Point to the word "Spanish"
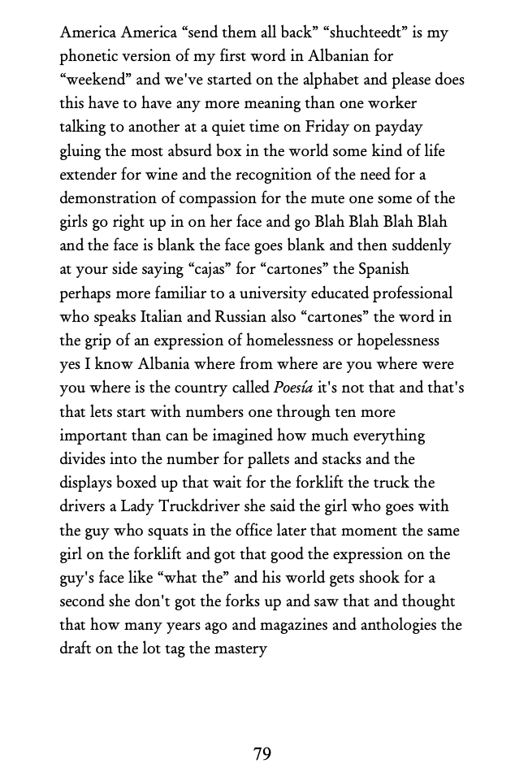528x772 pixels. [x=381, y=269]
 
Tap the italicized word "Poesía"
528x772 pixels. [x=302, y=387]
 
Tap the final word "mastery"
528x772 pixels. [x=240, y=648]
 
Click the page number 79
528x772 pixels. [x=262, y=753]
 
